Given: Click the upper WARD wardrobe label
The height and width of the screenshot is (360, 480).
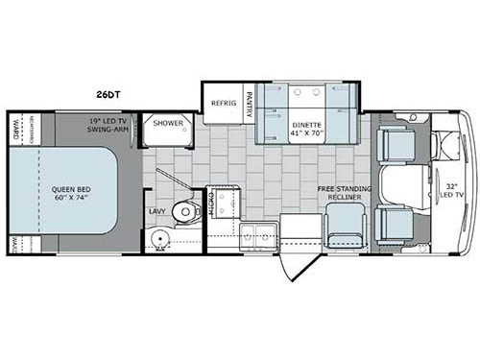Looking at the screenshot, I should coord(16,128).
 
